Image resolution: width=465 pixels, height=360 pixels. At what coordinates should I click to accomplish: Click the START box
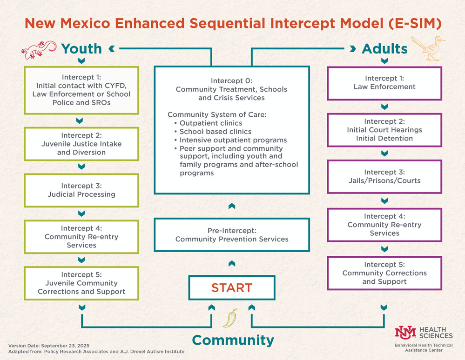click(x=231, y=287)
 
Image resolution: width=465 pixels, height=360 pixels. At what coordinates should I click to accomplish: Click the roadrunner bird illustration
click(x=433, y=48)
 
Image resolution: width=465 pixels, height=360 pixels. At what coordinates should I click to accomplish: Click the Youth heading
click(x=81, y=48)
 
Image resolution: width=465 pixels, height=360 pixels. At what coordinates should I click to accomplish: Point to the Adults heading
click(x=384, y=48)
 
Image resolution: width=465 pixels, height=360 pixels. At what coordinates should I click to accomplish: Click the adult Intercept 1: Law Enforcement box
click(x=384, y=83)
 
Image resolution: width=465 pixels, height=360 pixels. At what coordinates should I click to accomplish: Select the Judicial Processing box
click(x=81, y=190)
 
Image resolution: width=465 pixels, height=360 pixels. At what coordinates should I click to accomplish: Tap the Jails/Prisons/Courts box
click(x=384, y=176)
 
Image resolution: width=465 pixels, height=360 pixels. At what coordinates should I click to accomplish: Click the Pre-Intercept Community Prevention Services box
click(x=231, y=235)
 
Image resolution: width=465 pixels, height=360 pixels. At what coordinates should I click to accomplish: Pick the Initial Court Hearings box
click(x=384, y=130)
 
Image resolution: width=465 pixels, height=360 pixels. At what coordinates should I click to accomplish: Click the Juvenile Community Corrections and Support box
click(x=81, y=283)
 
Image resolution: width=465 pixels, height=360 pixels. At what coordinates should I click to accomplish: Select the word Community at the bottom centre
click(x=233, y=340)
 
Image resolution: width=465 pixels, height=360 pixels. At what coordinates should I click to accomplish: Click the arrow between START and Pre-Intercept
click(x=231, y=264)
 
